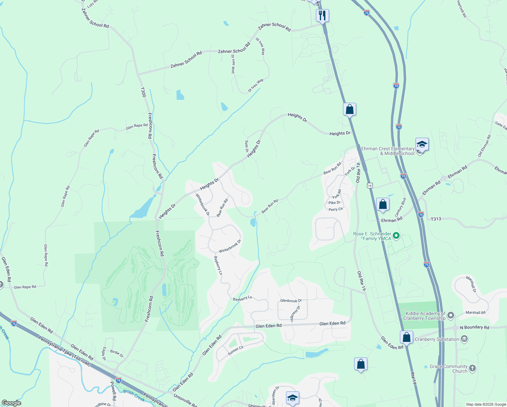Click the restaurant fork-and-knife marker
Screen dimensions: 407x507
(x=322, y=15)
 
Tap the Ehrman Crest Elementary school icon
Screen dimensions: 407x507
(x=422, y=145)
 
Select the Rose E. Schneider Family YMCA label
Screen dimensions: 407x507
(x=372, y=236)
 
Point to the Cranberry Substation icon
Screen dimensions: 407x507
(x=465, y=339)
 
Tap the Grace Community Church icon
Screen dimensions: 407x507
(x=472, y=368)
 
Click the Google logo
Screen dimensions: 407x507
(x=11, y=403)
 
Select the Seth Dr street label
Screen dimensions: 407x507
(x=247, y=146)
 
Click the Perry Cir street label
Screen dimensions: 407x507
(x=336, y=209)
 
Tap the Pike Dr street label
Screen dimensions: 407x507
(x=334, y=203)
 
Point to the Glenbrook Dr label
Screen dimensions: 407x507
(x=291, y=301)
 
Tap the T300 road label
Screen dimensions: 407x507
(x=143, y=92)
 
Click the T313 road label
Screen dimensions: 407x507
(x=436, y=219)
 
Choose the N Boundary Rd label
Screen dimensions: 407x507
(x=474, y=327)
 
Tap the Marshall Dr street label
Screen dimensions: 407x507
(x=471, y=284)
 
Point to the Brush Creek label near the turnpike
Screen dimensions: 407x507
(x=134, y=395)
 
